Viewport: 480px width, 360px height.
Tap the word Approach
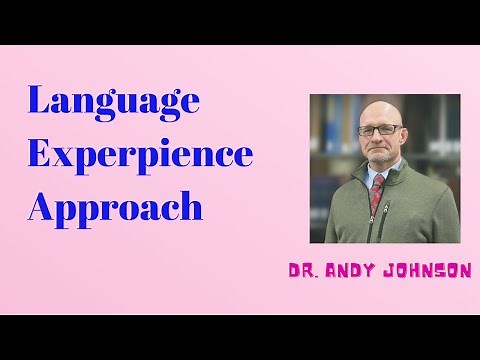pyautogui.click(x=115, y=207)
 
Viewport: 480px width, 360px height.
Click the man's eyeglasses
pyautogui.click(x=382, y=131)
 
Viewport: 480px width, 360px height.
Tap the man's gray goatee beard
pyautogui.click(x=381, y=160)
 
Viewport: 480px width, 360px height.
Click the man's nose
pyautogui.click(x=381, y=140)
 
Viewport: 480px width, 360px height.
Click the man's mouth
pyautogui.click(x=381, y=151)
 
